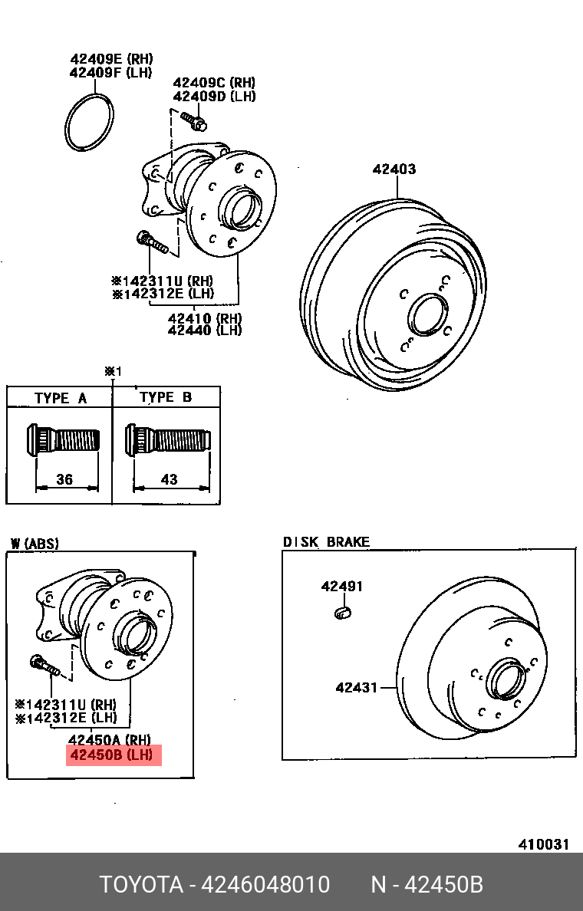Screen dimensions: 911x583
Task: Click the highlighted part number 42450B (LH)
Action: [114, 755]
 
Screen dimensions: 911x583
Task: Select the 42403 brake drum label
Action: [394, 169]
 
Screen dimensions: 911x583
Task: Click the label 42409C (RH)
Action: [214, 83]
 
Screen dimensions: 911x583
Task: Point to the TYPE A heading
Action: [61, 398]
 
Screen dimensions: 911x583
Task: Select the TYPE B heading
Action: [166, 397]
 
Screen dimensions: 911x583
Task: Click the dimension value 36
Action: [64, 479]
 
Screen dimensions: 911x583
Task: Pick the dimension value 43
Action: [169, 479]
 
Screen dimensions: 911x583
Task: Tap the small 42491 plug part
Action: [343, 611]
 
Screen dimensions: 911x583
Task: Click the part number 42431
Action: [356, 687]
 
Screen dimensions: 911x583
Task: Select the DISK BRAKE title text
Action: [326, 541]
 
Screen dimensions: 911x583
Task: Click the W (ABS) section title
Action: [34, 544]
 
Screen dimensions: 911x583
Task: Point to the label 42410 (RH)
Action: [204, 317]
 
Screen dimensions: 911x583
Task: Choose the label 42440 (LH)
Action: [204, 330]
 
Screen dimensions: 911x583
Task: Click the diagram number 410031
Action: [544, 844]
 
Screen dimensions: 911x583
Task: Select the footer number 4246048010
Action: [265, 885]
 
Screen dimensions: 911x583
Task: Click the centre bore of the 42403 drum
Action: [423, 314]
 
